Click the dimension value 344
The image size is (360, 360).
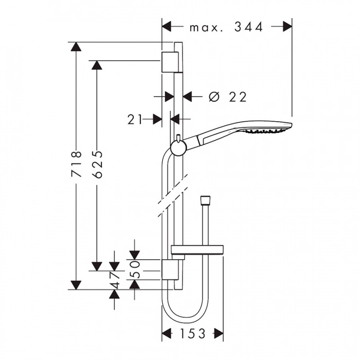tap(248, 27)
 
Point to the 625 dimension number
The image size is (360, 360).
tap(98, 164)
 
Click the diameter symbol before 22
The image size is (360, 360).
tap(214, 96)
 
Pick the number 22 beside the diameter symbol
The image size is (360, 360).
tap(238, 97)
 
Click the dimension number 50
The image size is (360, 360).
tap(136, 270)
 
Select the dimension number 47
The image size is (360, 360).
tap(114, 280)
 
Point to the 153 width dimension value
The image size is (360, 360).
tap(193, 333)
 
